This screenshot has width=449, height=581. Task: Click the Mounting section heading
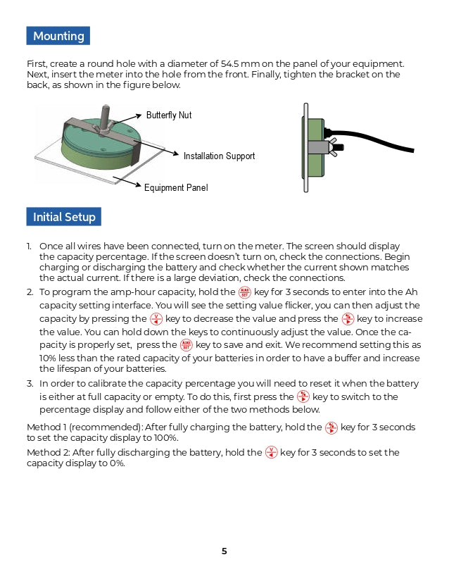tap(58, 36)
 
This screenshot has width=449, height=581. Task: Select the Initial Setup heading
tap(64, 217)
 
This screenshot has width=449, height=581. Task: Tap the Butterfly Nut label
tap(169, 115)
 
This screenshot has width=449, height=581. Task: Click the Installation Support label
tap(219, 156)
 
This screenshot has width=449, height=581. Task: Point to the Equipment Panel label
tap(176, 188)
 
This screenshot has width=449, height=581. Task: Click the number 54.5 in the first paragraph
tap(231, 63)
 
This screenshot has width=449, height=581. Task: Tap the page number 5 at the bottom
tap(224, 551)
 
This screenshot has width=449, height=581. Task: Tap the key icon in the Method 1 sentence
tap(332, 427)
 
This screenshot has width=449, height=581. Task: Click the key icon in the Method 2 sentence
tap(272, 453)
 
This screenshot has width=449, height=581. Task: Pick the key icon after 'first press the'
tap(303, 396)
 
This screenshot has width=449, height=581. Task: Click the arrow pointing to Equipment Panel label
tap(127, 182)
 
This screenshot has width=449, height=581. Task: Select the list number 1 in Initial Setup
tap(30, 246)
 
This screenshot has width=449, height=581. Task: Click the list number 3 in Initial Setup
tap(30, 384)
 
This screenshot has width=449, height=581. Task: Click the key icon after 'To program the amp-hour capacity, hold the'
tap(245, 292)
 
